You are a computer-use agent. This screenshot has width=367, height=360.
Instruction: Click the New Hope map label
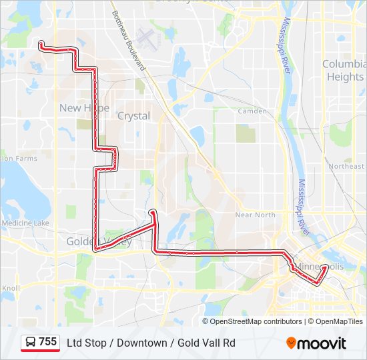coord(84,108)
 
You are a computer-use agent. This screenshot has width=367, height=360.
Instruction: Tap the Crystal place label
coord(133,116)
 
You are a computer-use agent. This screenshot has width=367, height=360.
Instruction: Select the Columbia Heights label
coord(344,70)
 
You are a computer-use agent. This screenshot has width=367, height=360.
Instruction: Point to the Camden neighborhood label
coord(252,111)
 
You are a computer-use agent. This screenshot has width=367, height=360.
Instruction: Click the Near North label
coord(255,215)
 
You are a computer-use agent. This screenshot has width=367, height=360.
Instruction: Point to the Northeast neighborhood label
coord(346,166)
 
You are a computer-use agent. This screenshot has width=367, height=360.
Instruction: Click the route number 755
coord(47,342)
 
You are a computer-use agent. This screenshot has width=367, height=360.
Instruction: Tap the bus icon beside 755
coord(31,343)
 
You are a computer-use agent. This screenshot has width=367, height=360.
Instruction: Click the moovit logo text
coord(322,343)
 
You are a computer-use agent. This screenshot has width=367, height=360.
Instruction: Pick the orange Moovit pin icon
coord(292,343)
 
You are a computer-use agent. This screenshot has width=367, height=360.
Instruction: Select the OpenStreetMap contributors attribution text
coord(256,321)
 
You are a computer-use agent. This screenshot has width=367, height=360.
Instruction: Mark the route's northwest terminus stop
coord(41,44)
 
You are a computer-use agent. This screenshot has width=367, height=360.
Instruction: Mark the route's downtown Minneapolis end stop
coord(325,268)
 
